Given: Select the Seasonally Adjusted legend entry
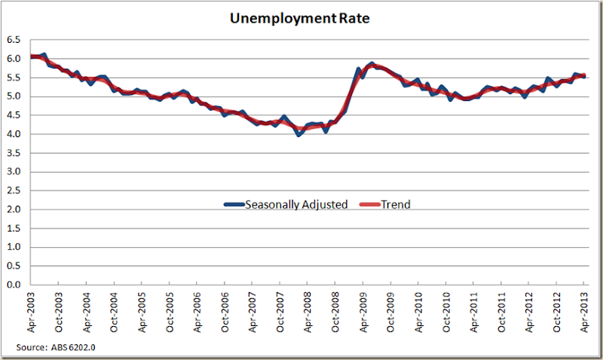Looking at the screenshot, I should pyautogui.click(x=286, y=203).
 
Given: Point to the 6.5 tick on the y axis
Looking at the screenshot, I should pyautogui.click(x=13, y=40).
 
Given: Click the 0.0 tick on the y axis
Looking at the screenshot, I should pyautogui.click(x=13, y=285).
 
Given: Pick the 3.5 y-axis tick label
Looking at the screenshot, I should pyautogui.click(x=13, y=153).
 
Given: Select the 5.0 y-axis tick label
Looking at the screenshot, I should pyautogui.click(x=13, y=96).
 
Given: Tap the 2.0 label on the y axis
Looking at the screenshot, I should pyautogui.click(x=13, y=209).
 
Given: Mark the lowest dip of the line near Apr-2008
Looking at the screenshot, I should pyautogui.click(x=298, y=134).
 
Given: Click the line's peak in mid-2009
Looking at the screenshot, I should pyautogui.click(x=372, y=64).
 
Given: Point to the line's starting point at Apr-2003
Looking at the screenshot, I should pyautogui.click(x=32, y=56).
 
